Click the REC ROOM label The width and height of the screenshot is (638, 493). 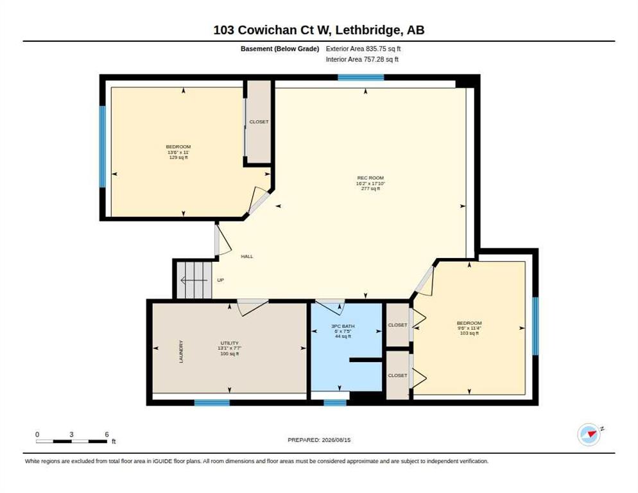click(x=370, y=178)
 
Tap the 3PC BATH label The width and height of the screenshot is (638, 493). click(x=343, y=326)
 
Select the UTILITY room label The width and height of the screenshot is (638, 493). click(x=230, y=343)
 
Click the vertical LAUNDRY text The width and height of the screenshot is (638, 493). click(x=181, y=352)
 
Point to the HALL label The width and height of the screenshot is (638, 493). click(x=247, y=257)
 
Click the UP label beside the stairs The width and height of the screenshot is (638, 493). click(x=221, y=280)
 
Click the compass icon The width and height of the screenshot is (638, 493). click(x=589, y=435)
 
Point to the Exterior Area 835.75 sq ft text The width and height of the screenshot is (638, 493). click(x=363, y=49)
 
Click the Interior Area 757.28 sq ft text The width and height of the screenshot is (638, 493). click(x=362, y=60)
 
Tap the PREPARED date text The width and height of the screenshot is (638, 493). click(x=319, y=440)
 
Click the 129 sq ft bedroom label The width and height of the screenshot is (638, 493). click(x=178, y=152)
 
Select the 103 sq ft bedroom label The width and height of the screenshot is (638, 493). click(x=469, y=328)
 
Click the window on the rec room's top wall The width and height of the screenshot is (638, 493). click(x=361, y=77)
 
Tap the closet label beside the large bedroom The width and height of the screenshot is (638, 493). click(x=259, y=122)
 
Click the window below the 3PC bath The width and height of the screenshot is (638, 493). click(x=335, y=402)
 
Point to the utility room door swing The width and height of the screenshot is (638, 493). click(x=252, y=307)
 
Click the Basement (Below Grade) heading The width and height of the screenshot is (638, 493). click(x=280, y=49)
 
